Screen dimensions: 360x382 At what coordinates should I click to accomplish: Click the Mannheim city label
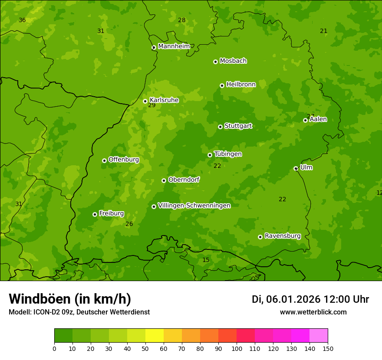pos(174,46)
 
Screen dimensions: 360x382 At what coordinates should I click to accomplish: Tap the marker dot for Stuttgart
pos(220,127)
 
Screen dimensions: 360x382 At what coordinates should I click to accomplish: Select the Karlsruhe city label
pos(164,100)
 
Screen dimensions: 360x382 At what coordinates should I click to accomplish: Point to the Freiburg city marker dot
pos(95,214)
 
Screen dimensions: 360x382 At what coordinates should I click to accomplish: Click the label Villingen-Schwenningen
pos(194,206)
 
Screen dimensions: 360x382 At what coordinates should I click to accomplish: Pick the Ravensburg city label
pos(282,236)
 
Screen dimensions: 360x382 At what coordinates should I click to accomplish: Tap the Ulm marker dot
pos(296,168)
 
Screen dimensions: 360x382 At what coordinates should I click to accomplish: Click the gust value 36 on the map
pos(22,20)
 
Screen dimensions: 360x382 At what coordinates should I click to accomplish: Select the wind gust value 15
pos(206,260)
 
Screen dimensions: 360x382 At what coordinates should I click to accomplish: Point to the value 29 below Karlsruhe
pos(151,105)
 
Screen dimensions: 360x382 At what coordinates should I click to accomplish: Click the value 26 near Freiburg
pos(129,224)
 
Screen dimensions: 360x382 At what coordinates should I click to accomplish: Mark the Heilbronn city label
pos(241,85)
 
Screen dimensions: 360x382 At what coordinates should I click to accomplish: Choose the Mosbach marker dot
pos(215,62)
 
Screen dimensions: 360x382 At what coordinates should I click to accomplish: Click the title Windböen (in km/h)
pos(70,299)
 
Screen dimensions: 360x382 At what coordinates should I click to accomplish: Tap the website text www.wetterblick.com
pos(313,312)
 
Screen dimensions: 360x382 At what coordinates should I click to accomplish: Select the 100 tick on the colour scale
pos(237,348)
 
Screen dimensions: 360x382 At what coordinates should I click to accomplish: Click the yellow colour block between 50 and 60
pos(155,336)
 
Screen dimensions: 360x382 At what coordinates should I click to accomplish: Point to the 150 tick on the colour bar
pos(327,348)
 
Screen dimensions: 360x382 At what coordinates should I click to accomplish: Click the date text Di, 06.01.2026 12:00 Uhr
pos(310,299)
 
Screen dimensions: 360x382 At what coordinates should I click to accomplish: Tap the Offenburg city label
pos(123,160)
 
